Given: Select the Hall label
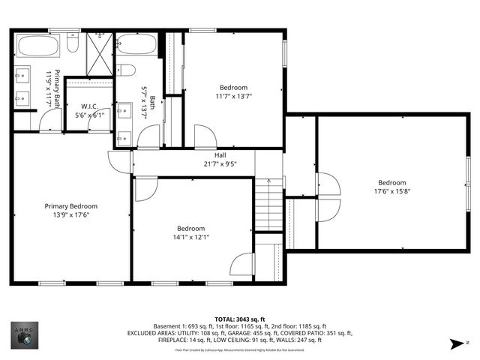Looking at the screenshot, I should pyautogui.click(x=220, y=155).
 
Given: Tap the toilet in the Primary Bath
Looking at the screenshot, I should pyautogui.click(x=73, y=43).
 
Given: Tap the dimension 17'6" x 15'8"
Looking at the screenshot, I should pyautogui.click(x=391, y=191).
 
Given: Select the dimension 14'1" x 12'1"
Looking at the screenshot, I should pyautogui.click(x=193, y=237).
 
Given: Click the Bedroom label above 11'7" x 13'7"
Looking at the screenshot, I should pyautogui.click(x=233, y=87).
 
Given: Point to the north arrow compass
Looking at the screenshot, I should pyautogui.click(x=456, y=343).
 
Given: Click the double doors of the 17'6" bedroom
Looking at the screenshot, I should pyautogui.click(x=327, y=197).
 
